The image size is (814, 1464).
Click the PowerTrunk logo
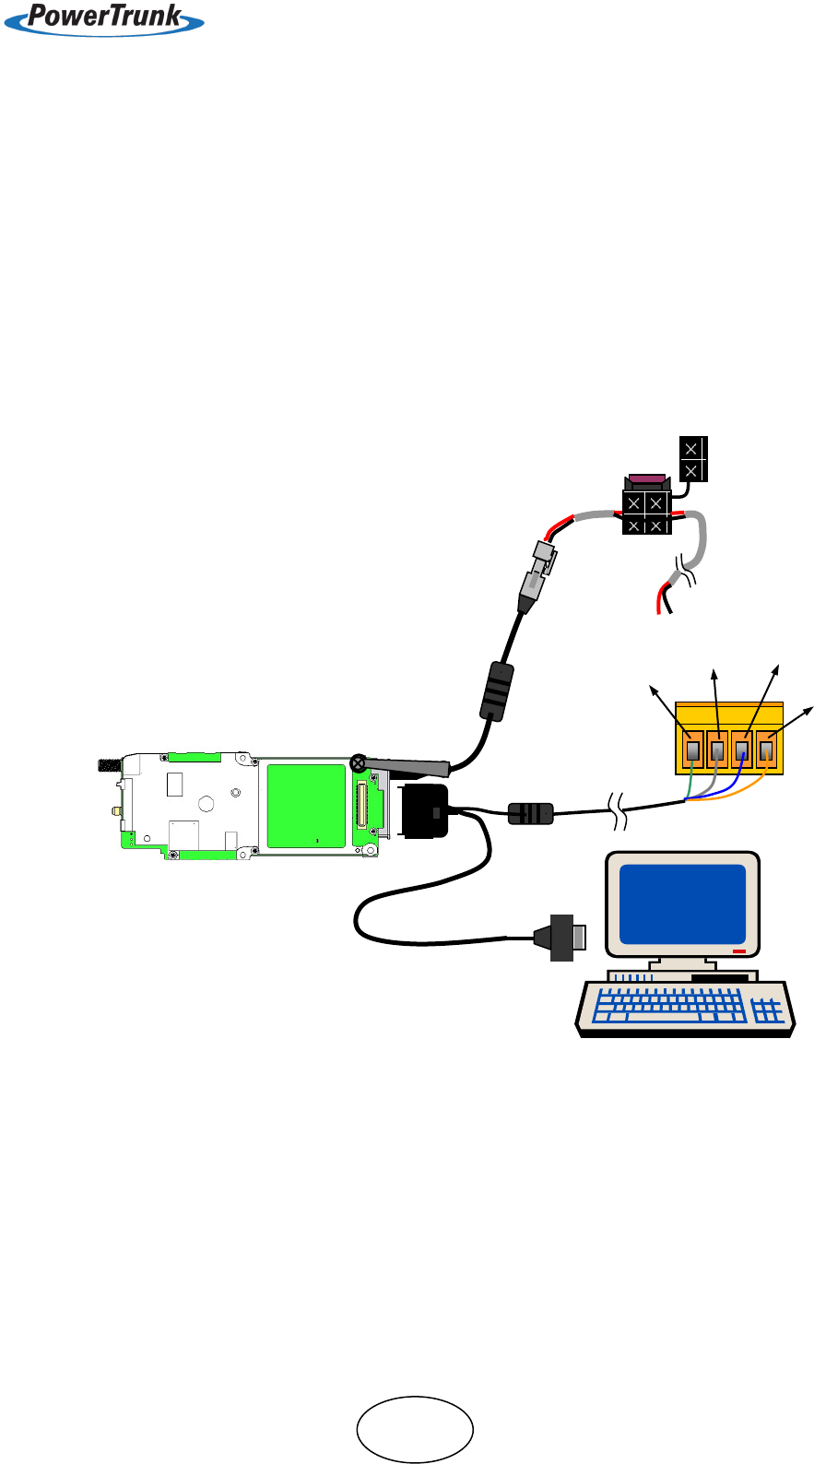pos(104,18)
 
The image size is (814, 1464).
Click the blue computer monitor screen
pos(682,903)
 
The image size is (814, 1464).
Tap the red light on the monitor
pos(738,950)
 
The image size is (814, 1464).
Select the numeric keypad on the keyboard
pos(768,1011)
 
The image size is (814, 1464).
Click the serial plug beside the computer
pos(563,937)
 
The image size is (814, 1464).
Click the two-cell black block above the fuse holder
pos(692,459)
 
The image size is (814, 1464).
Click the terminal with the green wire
pos(693,750)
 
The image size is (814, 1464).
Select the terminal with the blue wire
pos(742,750)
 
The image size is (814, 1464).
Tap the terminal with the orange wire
pos(766,750)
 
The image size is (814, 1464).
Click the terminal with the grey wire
pos(717,750)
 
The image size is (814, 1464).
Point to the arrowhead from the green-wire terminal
pos(654,689)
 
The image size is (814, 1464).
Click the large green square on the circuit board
pos(306,805)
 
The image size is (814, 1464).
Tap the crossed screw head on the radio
pos(358,762)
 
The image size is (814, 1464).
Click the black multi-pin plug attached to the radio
pos(424,811)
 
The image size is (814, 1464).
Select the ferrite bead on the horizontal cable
pos(531,813)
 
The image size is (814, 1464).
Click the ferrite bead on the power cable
pos(496,691)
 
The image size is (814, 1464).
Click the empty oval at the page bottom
pos(415,1429)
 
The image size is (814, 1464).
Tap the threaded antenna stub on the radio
pos(110,764)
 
